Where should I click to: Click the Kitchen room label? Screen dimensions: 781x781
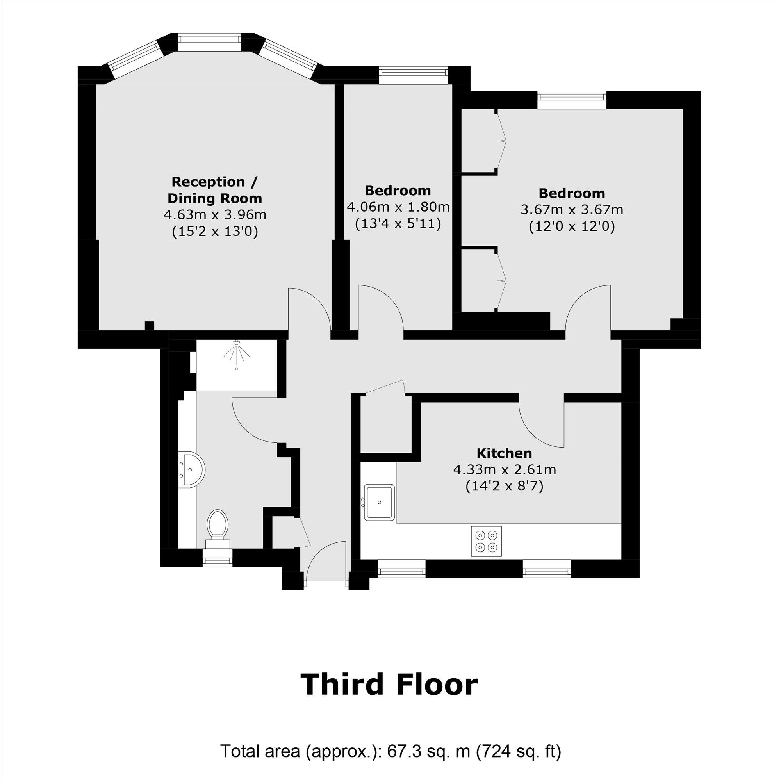pos(504,453)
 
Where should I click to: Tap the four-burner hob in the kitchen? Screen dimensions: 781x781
pos(486,541)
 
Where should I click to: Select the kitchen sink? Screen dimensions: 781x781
pos(379,502)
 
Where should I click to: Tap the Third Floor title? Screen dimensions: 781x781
pos(389,685)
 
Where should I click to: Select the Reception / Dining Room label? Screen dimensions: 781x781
pos(215,190)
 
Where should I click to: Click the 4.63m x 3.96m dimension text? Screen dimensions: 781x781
pos(215,215)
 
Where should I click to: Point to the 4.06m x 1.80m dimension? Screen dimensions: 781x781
pos(398,207)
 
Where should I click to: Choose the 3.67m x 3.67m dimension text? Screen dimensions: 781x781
pos(572,210)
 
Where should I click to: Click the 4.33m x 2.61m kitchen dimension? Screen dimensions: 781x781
pos(504,470)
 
